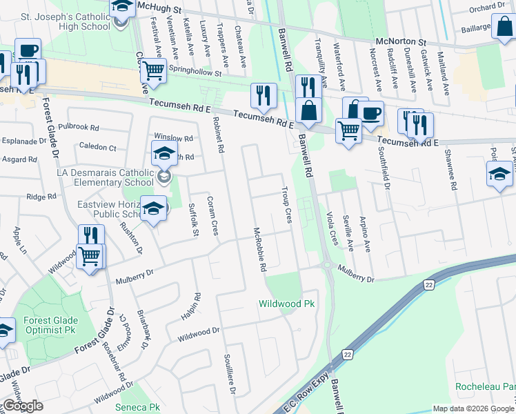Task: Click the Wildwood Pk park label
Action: click(x=286, y=304)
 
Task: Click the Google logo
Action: click(x=23, y=406)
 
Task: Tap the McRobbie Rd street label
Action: click(x=260, y=250)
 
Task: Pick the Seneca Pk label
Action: click(x=137, y=408)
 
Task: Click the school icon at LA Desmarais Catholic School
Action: click(x=164, y=155)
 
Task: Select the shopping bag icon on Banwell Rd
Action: click(x=308, y=110)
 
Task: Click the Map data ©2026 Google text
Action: click(x=473, y=408)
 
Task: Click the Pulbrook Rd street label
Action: click(x=79, y=128)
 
